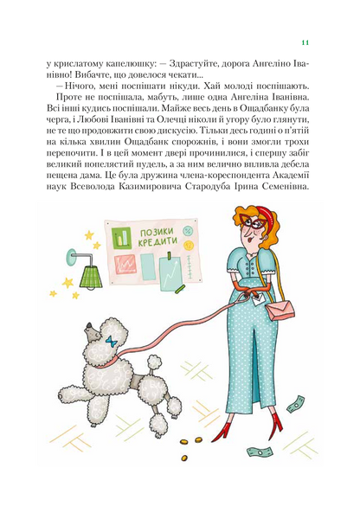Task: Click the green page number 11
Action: pos(305,42)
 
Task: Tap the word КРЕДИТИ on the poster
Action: pos(157,241)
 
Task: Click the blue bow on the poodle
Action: pos(112,342)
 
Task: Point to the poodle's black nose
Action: pos(89,326)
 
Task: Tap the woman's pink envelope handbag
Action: pos(280,311)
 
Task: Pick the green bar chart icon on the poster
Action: pos(121,238)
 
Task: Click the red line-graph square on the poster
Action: pos(125,264)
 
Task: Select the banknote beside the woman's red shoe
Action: pos(260,452)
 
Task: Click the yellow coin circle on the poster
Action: pos(190,245)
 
